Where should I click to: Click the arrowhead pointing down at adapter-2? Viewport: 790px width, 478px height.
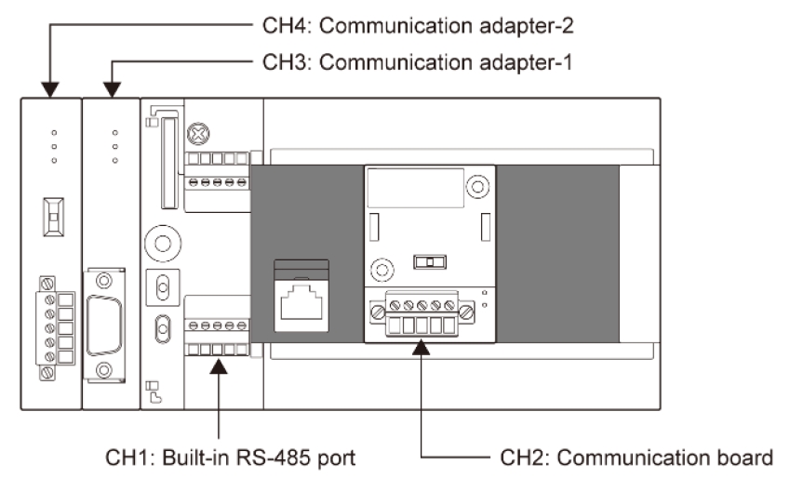(x=51, y=89)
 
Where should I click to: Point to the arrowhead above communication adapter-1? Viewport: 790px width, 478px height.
(x=114, y=89)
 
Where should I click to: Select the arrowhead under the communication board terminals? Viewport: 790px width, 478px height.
(x=422, y=347)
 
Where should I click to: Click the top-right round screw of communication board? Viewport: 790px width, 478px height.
(x=476, y=186)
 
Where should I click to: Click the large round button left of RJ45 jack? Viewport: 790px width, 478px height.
(x=162, y=244)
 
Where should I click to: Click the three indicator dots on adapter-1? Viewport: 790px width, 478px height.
(x=114, y=146)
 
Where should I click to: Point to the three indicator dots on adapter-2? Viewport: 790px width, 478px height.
(x=53, y=146)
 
